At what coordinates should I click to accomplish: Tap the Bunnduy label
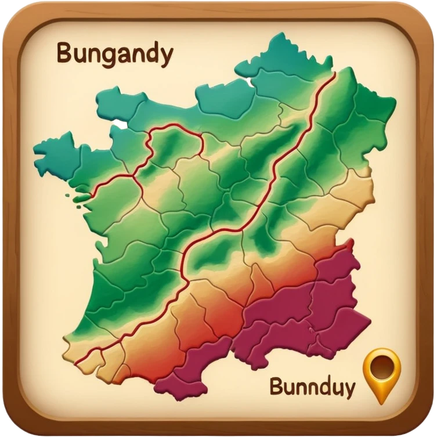coord(312,387)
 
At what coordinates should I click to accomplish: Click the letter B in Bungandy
coord(64,54)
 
